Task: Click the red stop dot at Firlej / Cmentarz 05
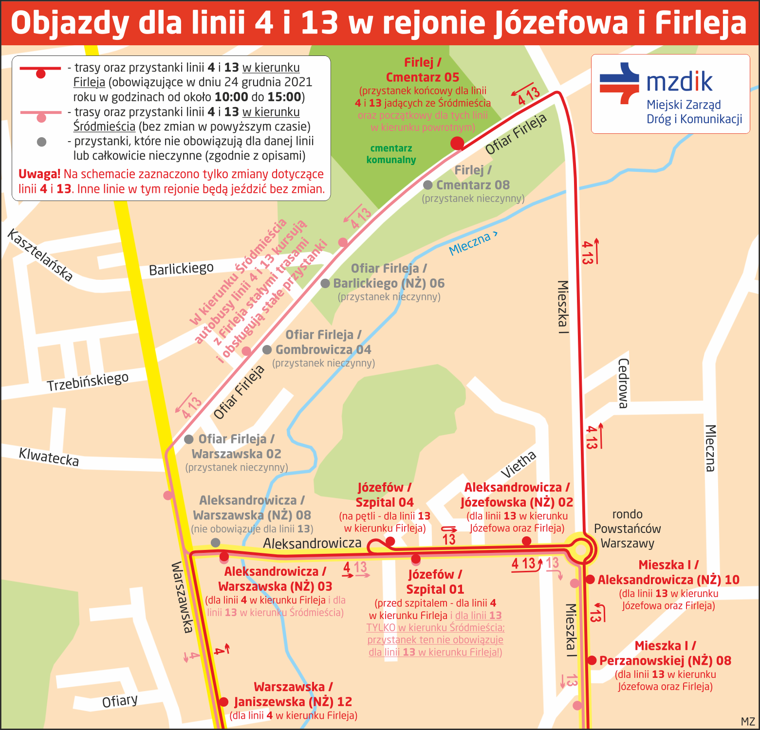(457, 143)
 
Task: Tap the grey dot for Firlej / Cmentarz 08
(428, 185)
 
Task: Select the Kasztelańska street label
(40, 255)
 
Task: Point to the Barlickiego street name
(181, 269)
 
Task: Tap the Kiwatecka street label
(49, 457)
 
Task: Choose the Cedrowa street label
(623, 383)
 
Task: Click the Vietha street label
(519, 464)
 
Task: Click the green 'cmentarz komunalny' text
(391, 154)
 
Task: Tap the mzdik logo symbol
(619, 83)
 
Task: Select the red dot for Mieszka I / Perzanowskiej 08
(592, 660)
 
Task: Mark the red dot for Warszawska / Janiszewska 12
(223, 702)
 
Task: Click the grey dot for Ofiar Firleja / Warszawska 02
(189, 439)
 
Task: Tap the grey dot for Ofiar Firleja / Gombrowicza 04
(267, 349)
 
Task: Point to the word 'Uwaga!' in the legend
(39, 174)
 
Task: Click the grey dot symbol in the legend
(41, 142)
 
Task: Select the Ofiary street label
(120, 701)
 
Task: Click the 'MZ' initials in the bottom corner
(747, 722)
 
